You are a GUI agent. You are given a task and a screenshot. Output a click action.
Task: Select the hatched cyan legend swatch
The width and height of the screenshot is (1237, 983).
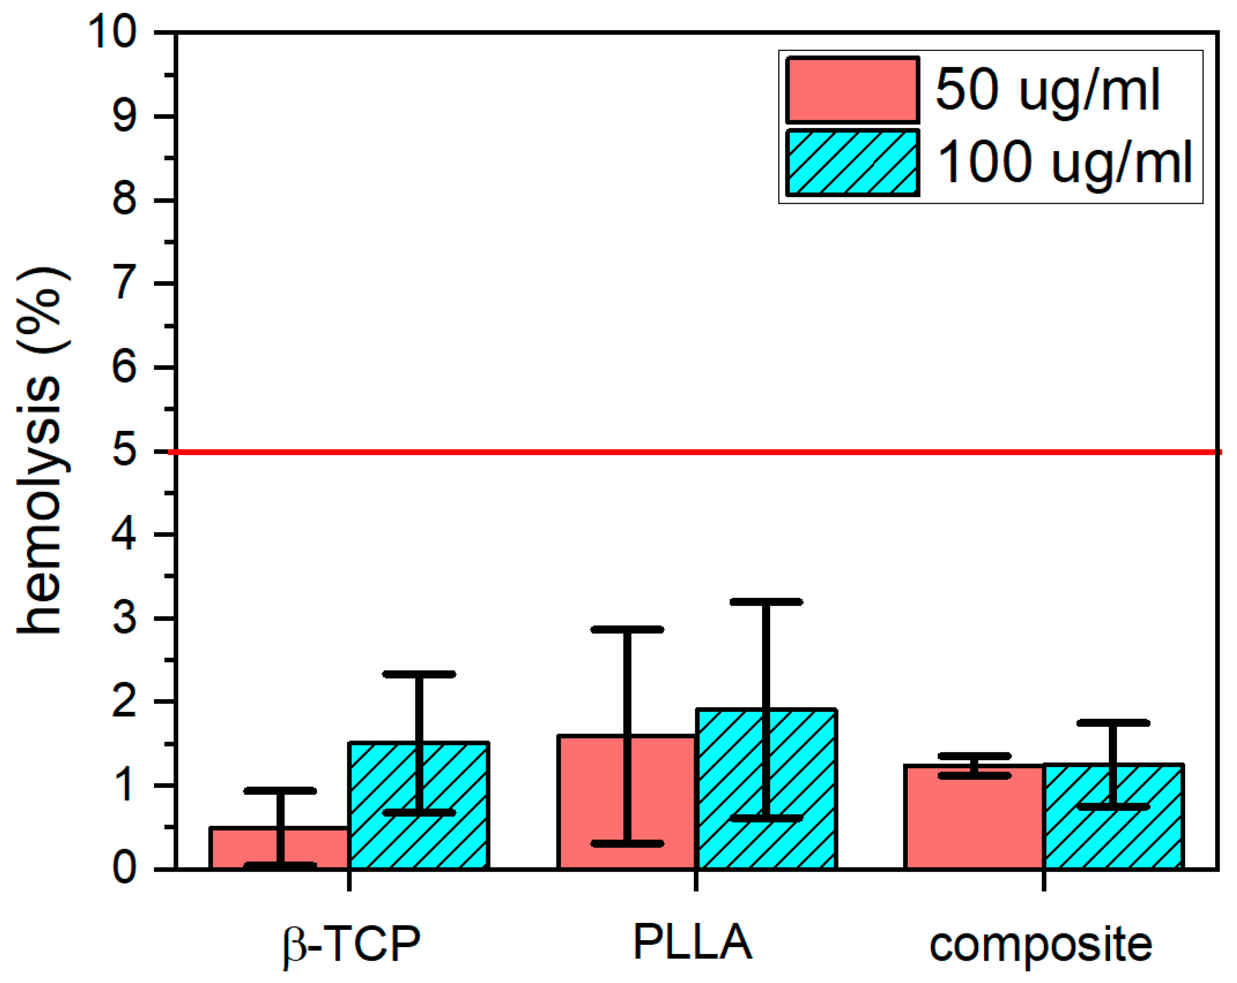852,162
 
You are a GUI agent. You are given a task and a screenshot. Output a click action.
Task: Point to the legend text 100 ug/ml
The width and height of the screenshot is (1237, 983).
1064,162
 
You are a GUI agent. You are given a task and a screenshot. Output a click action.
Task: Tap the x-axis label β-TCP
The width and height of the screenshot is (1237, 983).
352,943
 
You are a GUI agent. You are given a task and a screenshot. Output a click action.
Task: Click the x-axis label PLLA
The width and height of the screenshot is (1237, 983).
693,941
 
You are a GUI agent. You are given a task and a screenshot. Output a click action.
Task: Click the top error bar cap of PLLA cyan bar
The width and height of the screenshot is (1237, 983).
766,602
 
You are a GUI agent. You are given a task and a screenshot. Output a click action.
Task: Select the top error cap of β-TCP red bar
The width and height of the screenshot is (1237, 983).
280,791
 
